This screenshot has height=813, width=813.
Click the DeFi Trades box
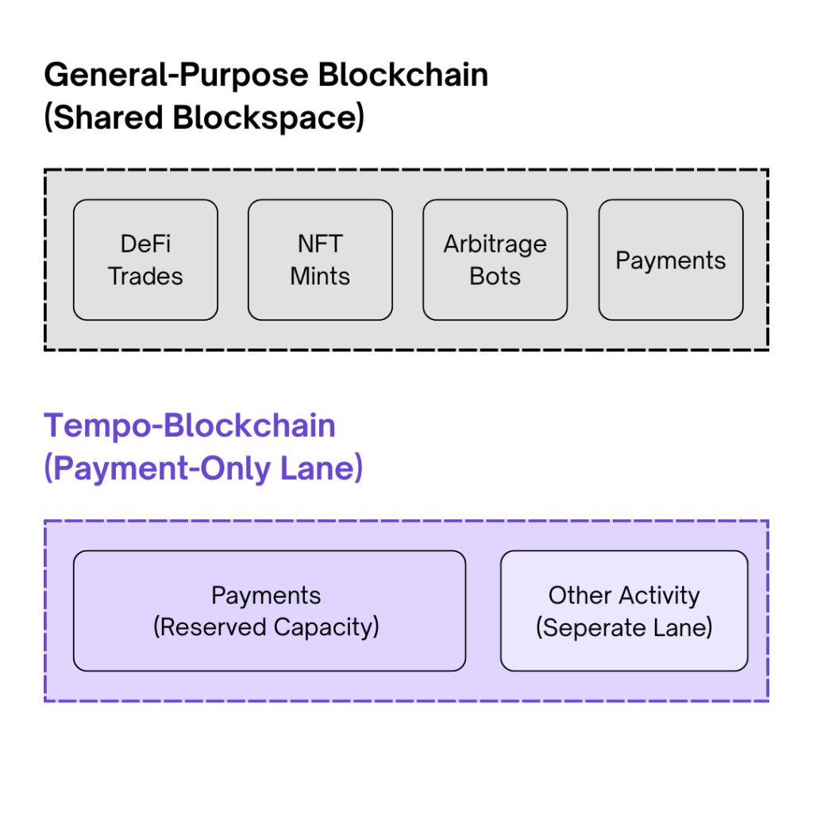pyautogui.click(x=145, y=260)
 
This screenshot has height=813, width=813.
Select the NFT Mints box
pyautogui.click(x=320, y=260)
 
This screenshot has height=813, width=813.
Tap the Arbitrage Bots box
pyautogui.click(x=495, y=260)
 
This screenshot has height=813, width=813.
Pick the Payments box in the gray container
pyautogui.click(x=671, y=260)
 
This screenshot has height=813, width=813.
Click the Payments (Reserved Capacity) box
pyautogui.click(x=269, y=611)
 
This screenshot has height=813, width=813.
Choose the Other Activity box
pyautogui.click(x=624, y=611)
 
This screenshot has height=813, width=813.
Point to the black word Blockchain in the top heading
pyautogui.click(x=403, y=75)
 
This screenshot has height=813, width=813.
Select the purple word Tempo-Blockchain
pyautogui.click(x=190, y=426)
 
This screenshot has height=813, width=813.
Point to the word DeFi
pyautogui.click(x=145, y=244)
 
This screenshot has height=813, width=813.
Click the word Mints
pyautogui.click(x=320, y=276)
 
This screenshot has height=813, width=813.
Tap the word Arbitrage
pyautogui.click(x=495, y=244)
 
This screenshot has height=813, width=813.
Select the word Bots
pyautogui.click(x=495, y=276)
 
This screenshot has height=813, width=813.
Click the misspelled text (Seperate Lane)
pyautogui.click(x=624, y=627)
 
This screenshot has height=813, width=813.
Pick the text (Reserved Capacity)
pyautogui.click(x=266, y=627)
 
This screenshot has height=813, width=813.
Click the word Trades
pyautogui.click(x=145, y=276)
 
